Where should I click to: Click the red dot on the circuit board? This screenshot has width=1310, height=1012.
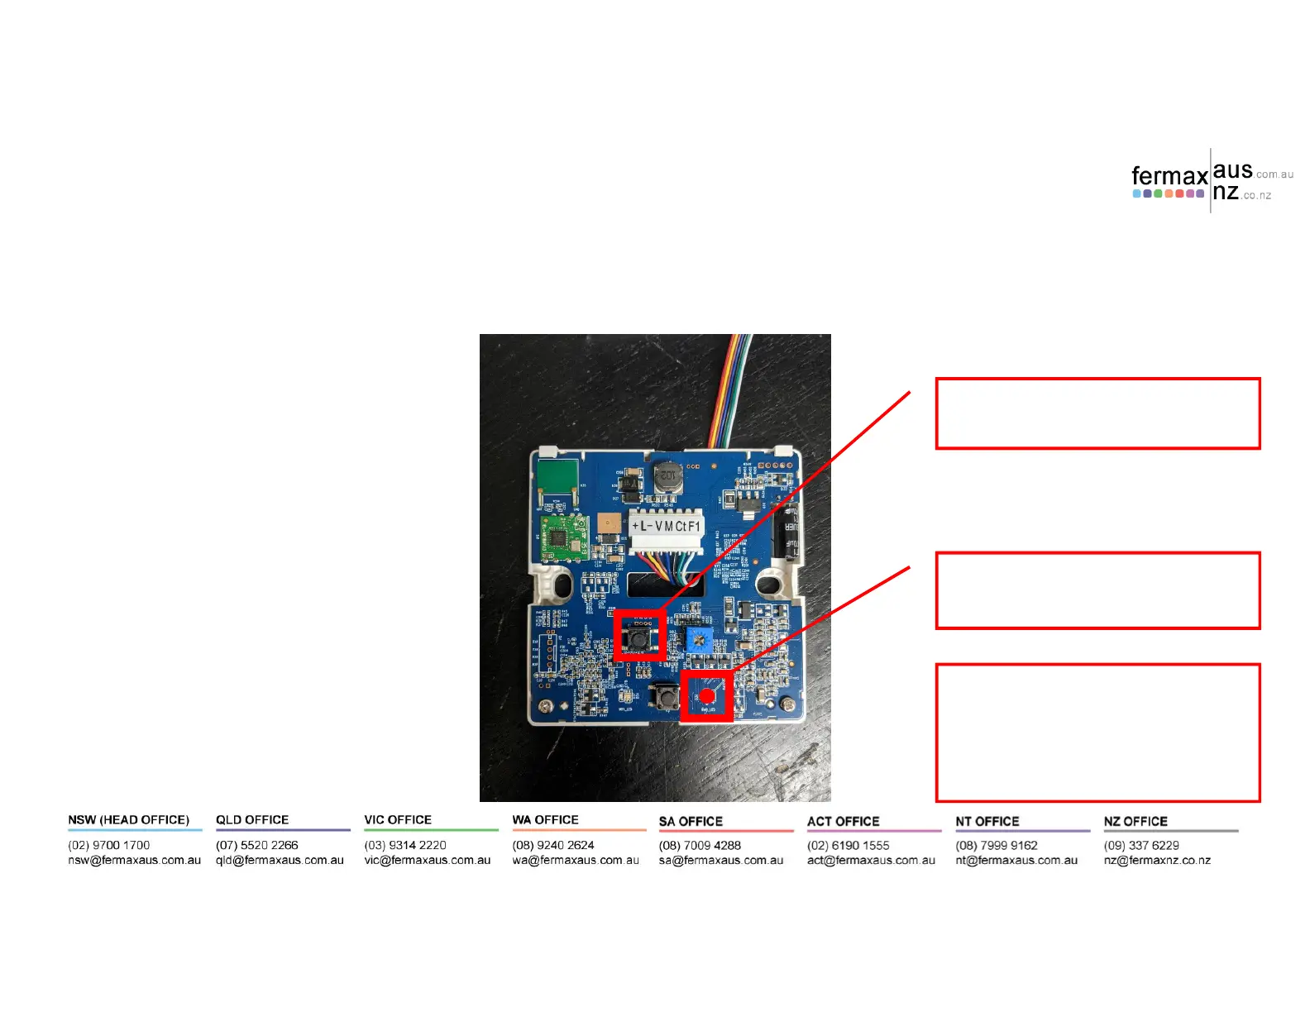coord(707,696)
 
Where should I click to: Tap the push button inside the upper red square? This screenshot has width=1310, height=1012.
coord(638,637)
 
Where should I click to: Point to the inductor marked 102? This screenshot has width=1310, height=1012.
coord(667,477)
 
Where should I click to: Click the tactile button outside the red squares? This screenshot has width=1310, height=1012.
coord(665,697)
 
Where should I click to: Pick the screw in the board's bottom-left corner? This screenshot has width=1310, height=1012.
coord(547,706)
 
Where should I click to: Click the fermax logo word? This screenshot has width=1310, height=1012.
coord(1169,176)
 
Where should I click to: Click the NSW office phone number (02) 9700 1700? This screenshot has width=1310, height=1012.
coord(109,845)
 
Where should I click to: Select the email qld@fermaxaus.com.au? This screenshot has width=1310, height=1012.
coord(280,860)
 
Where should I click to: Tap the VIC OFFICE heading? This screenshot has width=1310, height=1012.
coord(398,819)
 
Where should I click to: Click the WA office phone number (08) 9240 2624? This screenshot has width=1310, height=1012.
coord(553,845)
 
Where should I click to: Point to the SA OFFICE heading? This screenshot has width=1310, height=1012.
coord(691,821)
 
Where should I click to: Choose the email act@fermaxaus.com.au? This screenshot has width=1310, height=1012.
coord(871,860)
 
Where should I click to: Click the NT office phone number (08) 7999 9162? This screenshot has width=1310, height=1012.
coord(997,845)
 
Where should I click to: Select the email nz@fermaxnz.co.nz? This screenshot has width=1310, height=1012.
coord(1157,860)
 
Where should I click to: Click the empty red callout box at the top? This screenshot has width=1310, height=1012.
coord(1097,413)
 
